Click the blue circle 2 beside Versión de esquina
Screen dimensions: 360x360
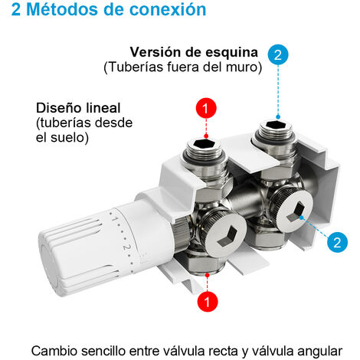pyautogui.click(x=277, y=54)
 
